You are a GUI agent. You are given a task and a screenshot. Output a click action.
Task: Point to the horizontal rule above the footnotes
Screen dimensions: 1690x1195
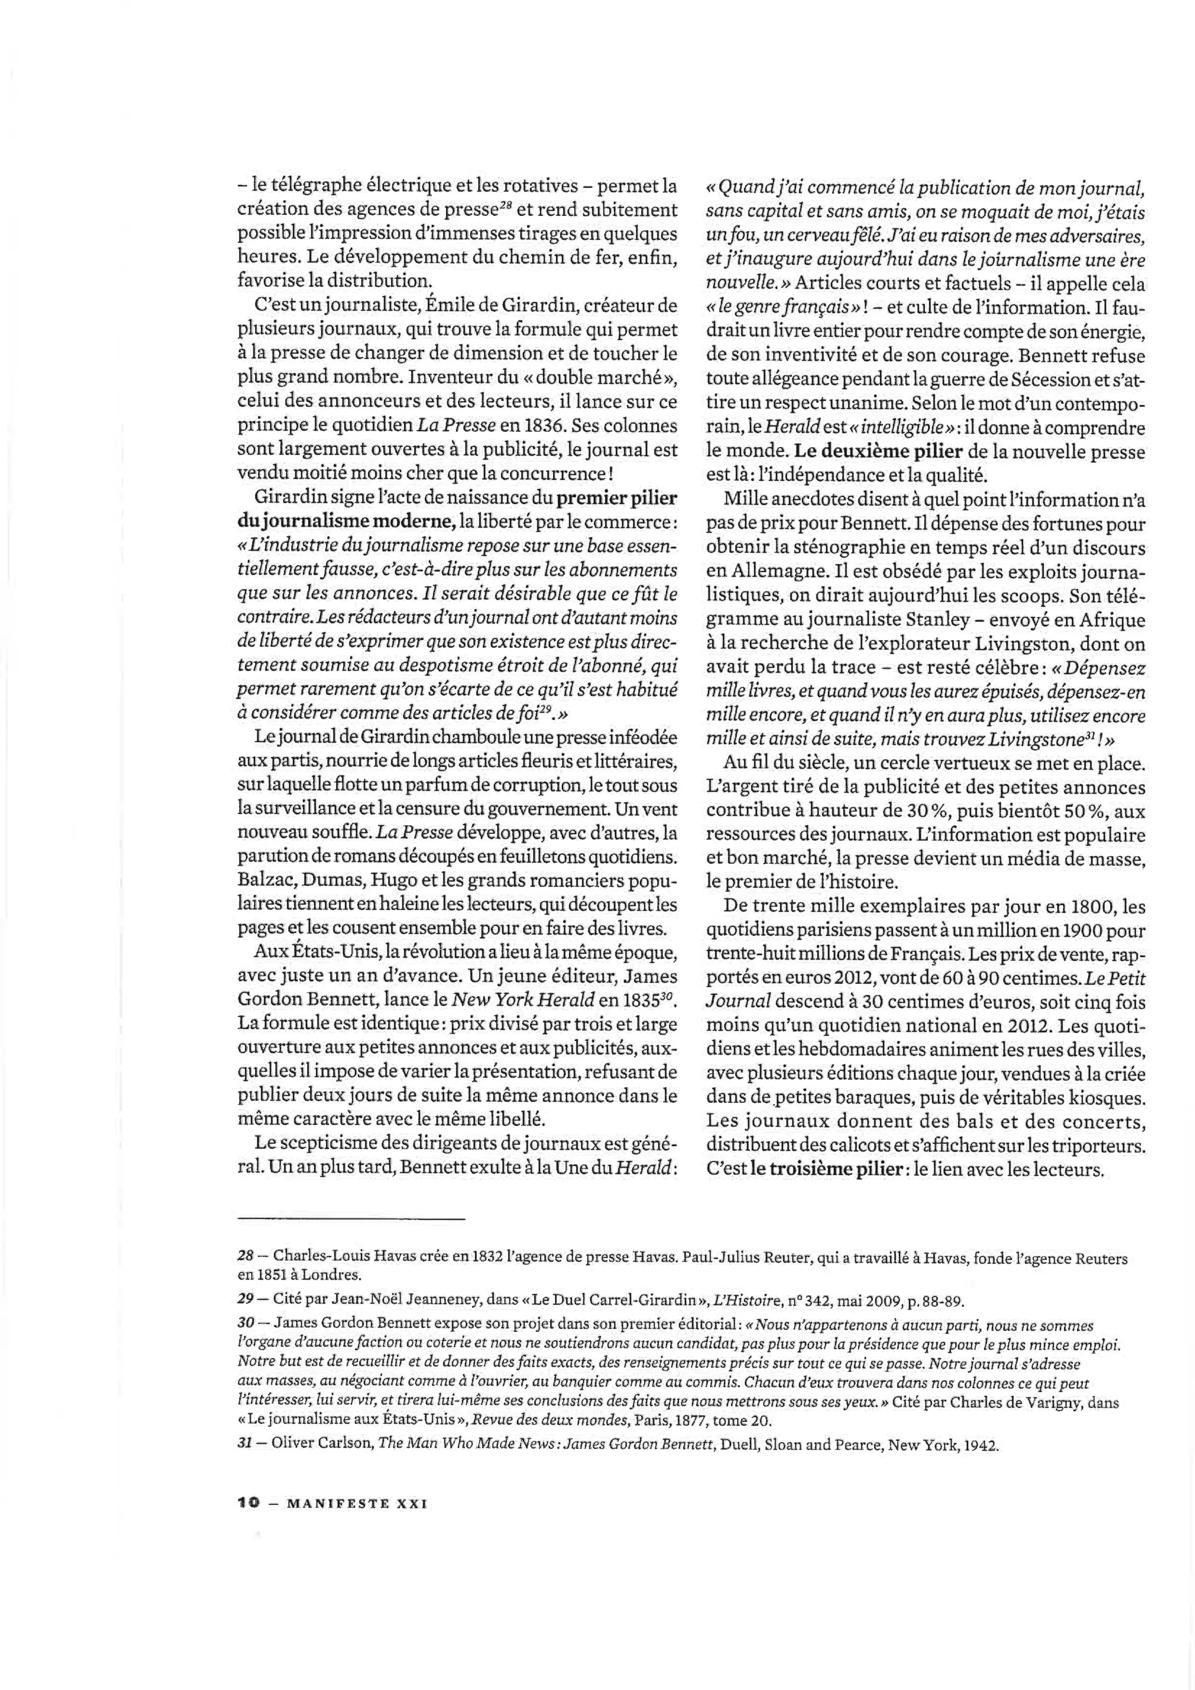(352, 1220)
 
